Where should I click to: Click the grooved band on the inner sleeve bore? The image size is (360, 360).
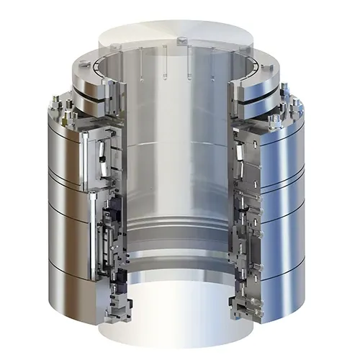(180, 238)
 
